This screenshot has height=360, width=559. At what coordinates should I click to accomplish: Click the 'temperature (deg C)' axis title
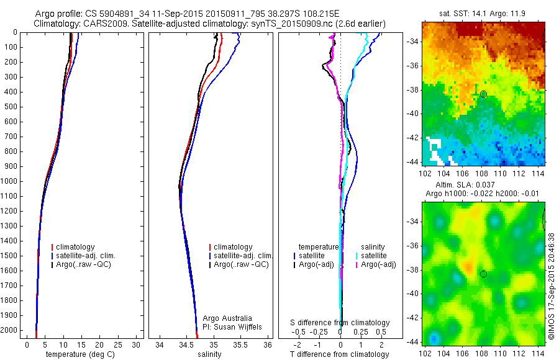tap(80, 354)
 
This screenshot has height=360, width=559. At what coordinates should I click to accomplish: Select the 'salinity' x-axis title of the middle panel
tap(208, 354)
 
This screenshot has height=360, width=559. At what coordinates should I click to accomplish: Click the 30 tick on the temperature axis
tap(136, 344)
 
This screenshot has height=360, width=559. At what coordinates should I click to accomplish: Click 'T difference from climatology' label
tap(340, 354)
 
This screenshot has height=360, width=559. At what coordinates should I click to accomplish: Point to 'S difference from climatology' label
tap(340, 323)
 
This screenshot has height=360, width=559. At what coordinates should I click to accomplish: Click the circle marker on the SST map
tap(483, 94)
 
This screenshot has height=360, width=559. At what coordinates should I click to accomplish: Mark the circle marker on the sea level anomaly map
tap(483, 274)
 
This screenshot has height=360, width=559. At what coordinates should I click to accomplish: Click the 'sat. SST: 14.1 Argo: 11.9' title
tap(483, 13)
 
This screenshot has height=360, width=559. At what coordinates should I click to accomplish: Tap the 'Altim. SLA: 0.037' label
tap(482, 185)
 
